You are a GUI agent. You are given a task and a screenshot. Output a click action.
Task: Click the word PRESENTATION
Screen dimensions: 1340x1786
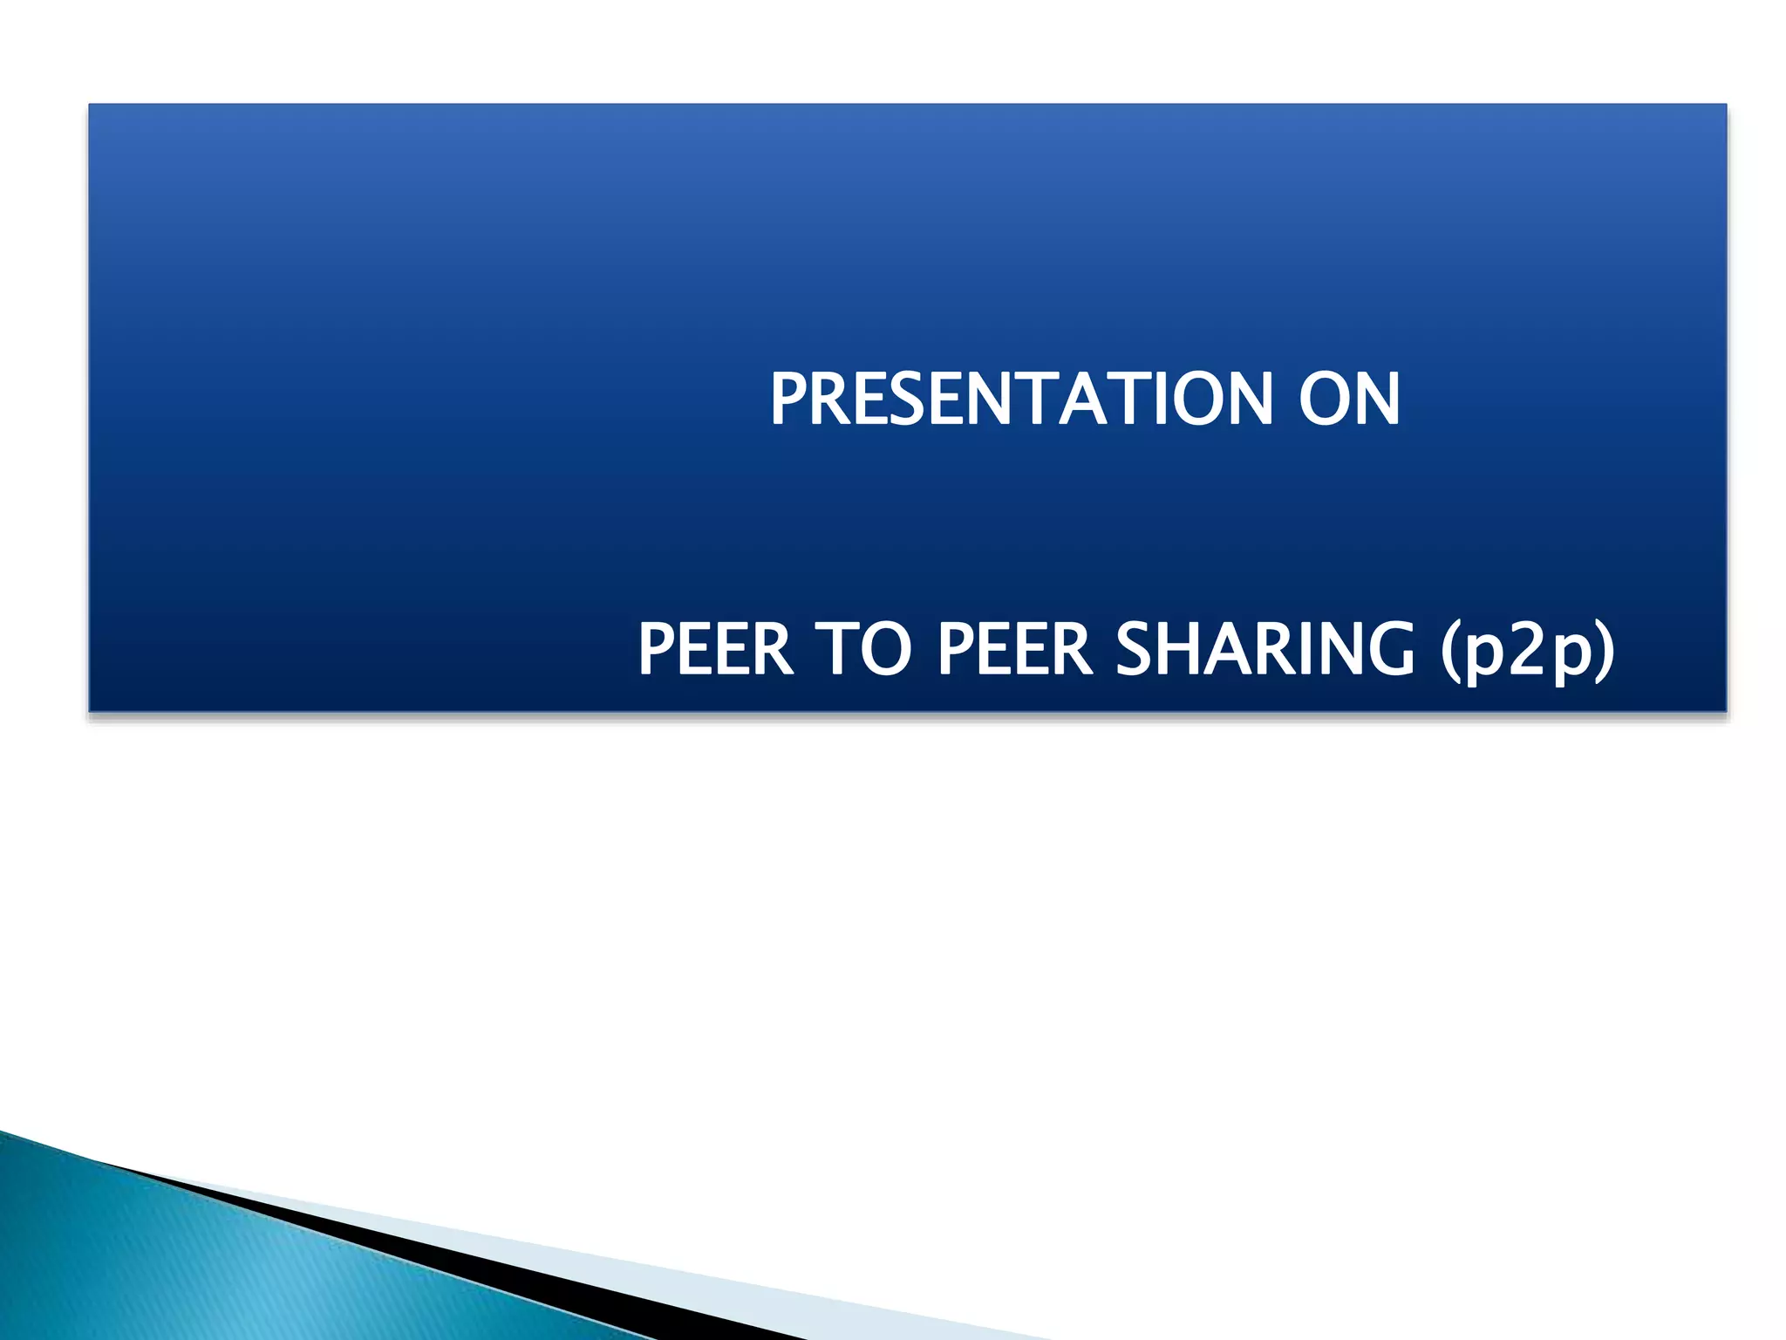coord(1020,400)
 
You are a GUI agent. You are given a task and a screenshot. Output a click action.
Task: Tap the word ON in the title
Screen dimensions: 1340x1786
coord(1349,400)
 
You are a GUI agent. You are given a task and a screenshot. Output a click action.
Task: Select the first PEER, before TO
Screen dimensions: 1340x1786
coord(715,650)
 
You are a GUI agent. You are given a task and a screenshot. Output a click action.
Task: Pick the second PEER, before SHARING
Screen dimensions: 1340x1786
coord(1015,650)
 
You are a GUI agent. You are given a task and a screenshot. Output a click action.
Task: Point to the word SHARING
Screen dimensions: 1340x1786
coord(1265,650)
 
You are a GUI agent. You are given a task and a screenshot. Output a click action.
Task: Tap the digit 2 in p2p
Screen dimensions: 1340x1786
coord(1528,650)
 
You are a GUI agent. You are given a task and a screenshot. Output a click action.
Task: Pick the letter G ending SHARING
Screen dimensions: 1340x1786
coord(1388,650)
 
